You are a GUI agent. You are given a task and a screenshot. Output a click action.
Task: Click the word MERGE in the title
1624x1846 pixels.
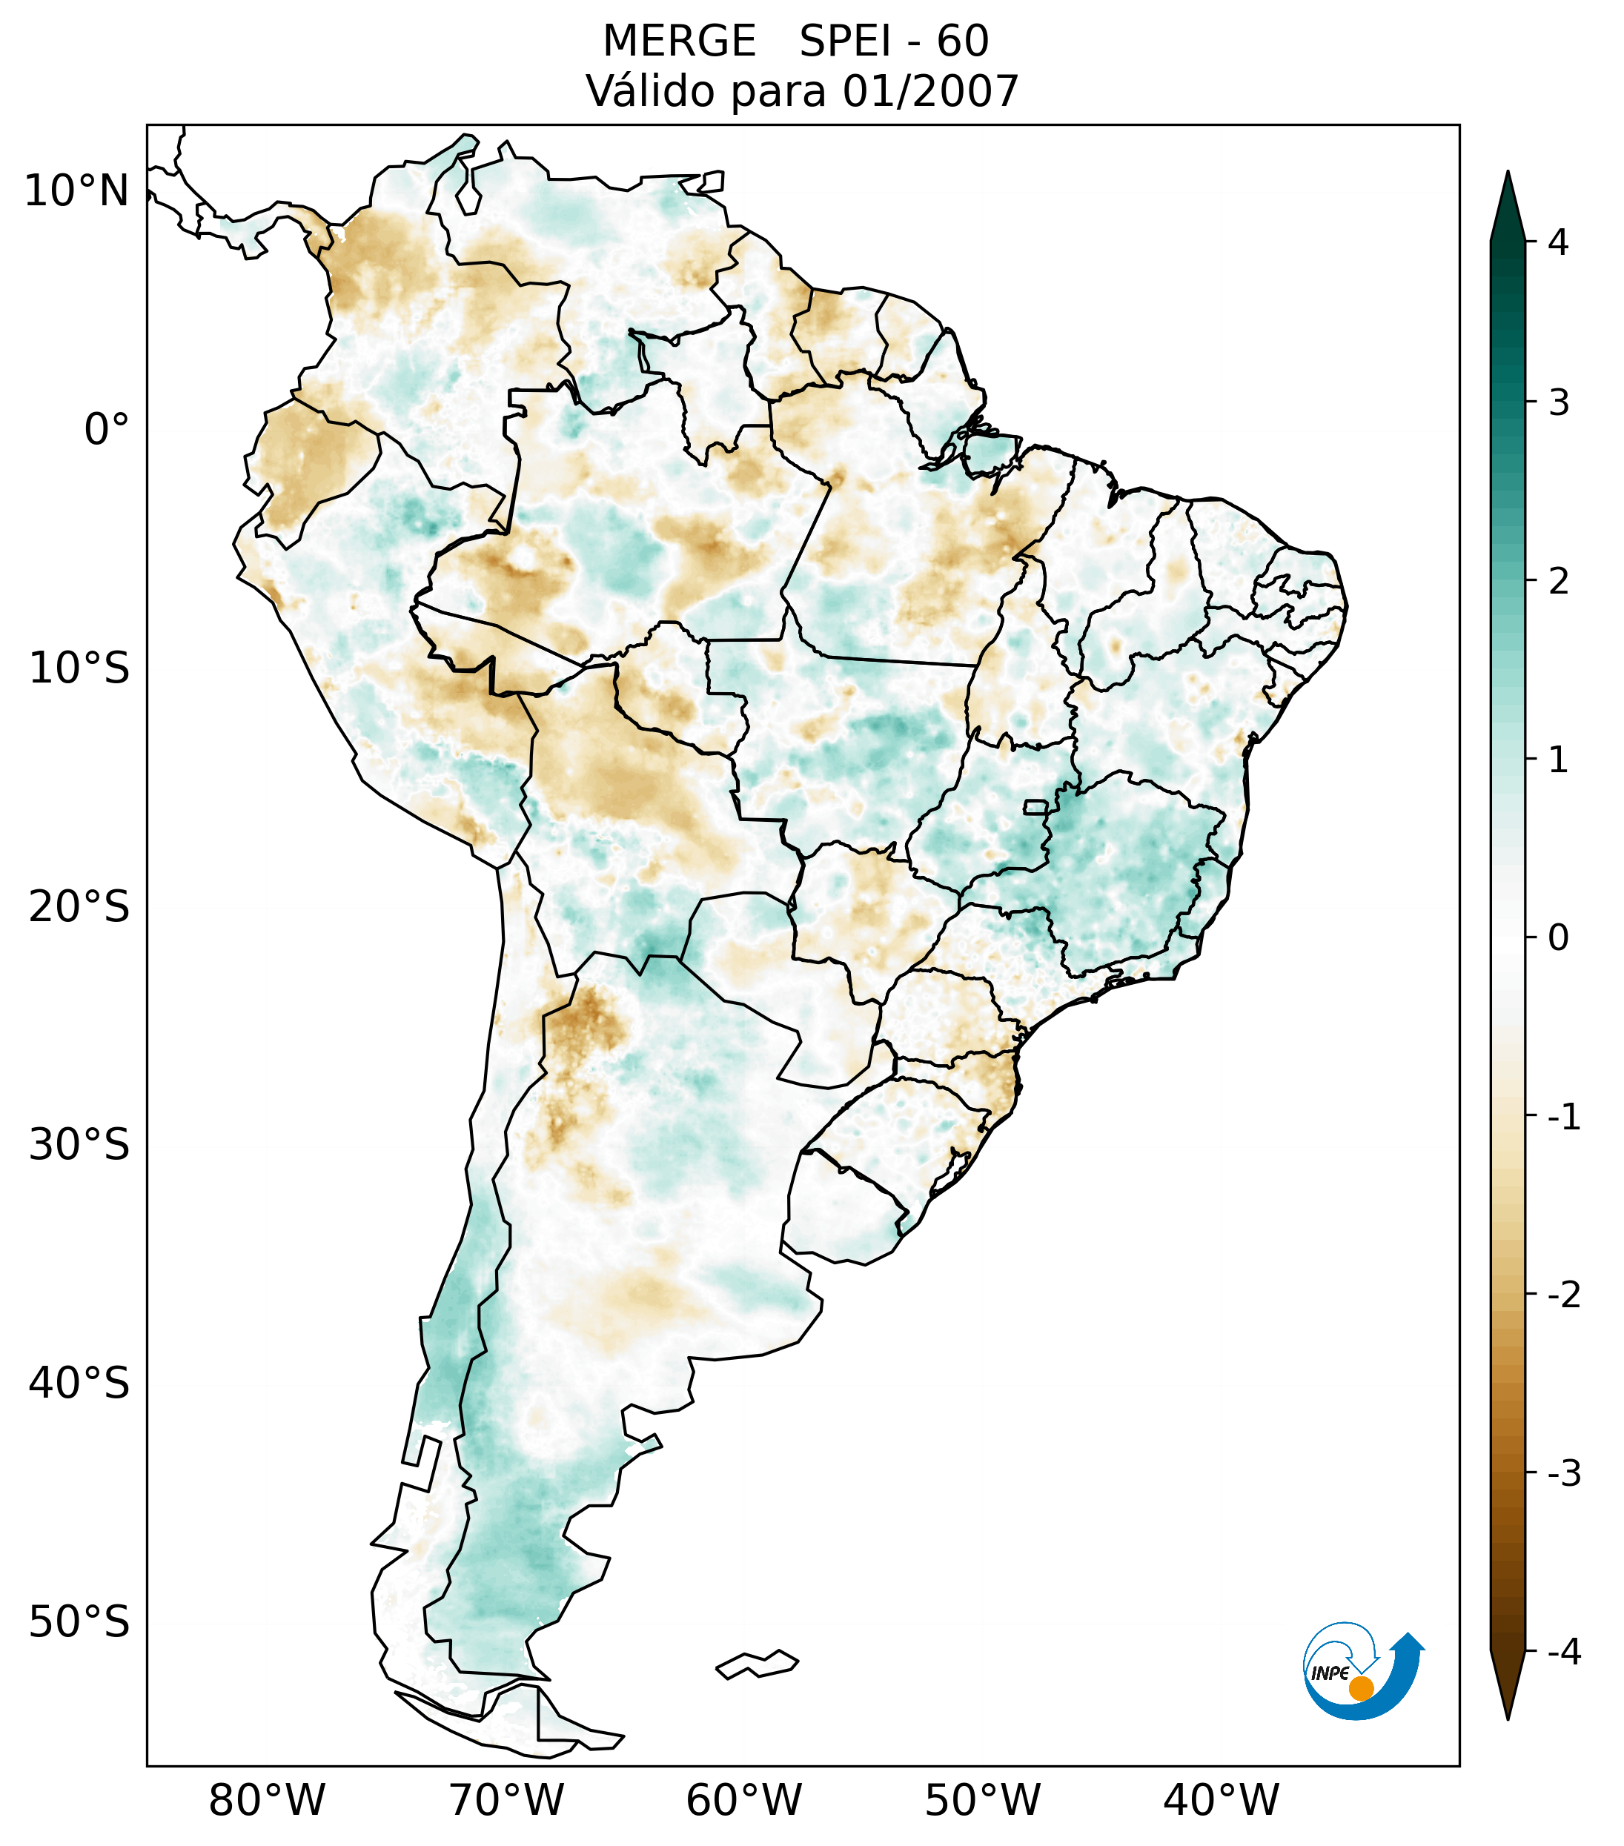point(678,41)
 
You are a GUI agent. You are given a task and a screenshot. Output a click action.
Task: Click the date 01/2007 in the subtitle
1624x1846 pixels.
point(930,91)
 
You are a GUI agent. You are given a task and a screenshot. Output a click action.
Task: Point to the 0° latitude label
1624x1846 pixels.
point(107,430)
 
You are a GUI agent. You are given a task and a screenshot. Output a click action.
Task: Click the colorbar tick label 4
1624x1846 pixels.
point(1558,242)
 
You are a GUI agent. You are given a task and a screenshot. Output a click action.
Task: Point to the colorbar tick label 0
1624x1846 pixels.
point(1558,938)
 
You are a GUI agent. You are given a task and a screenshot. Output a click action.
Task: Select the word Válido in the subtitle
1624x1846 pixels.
point(650,91)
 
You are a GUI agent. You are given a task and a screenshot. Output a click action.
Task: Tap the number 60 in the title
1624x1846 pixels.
point(962,41)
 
